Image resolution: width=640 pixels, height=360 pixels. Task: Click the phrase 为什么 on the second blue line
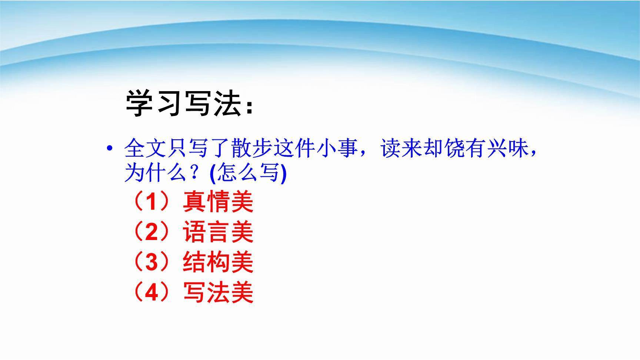tap(156, 173)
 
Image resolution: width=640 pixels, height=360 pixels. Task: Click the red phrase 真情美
tap(218, 202)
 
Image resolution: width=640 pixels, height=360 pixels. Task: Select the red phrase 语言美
tap(218, 233)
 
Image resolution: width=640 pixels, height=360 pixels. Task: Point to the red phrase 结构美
tap(218, 263)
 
